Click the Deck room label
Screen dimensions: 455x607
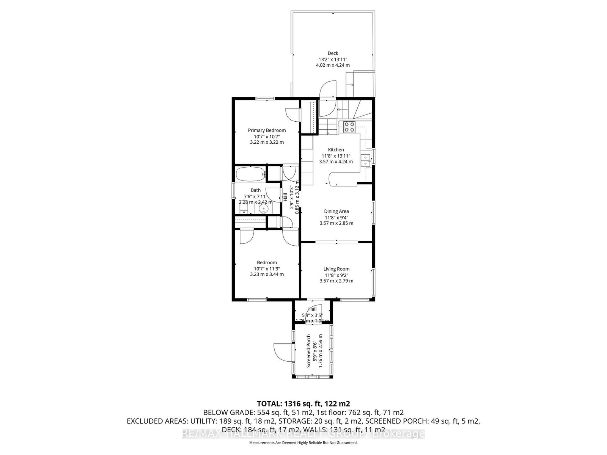333,53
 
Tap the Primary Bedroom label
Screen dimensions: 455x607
267,130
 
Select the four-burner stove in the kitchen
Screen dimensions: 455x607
349,127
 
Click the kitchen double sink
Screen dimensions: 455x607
366,160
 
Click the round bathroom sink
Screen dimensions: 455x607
264,209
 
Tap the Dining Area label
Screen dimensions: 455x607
336,212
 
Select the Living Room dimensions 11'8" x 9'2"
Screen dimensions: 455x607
336,275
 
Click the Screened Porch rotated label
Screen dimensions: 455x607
309,351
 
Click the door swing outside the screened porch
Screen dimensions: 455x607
280,351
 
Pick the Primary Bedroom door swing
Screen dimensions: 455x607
292,114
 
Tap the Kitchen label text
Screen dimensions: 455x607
336,150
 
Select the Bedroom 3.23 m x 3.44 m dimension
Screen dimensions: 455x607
267,274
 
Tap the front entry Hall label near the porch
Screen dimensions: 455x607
312,309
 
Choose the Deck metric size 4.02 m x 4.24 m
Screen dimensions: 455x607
333,65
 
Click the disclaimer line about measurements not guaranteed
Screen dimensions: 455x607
303,442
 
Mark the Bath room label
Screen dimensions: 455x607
255,190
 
